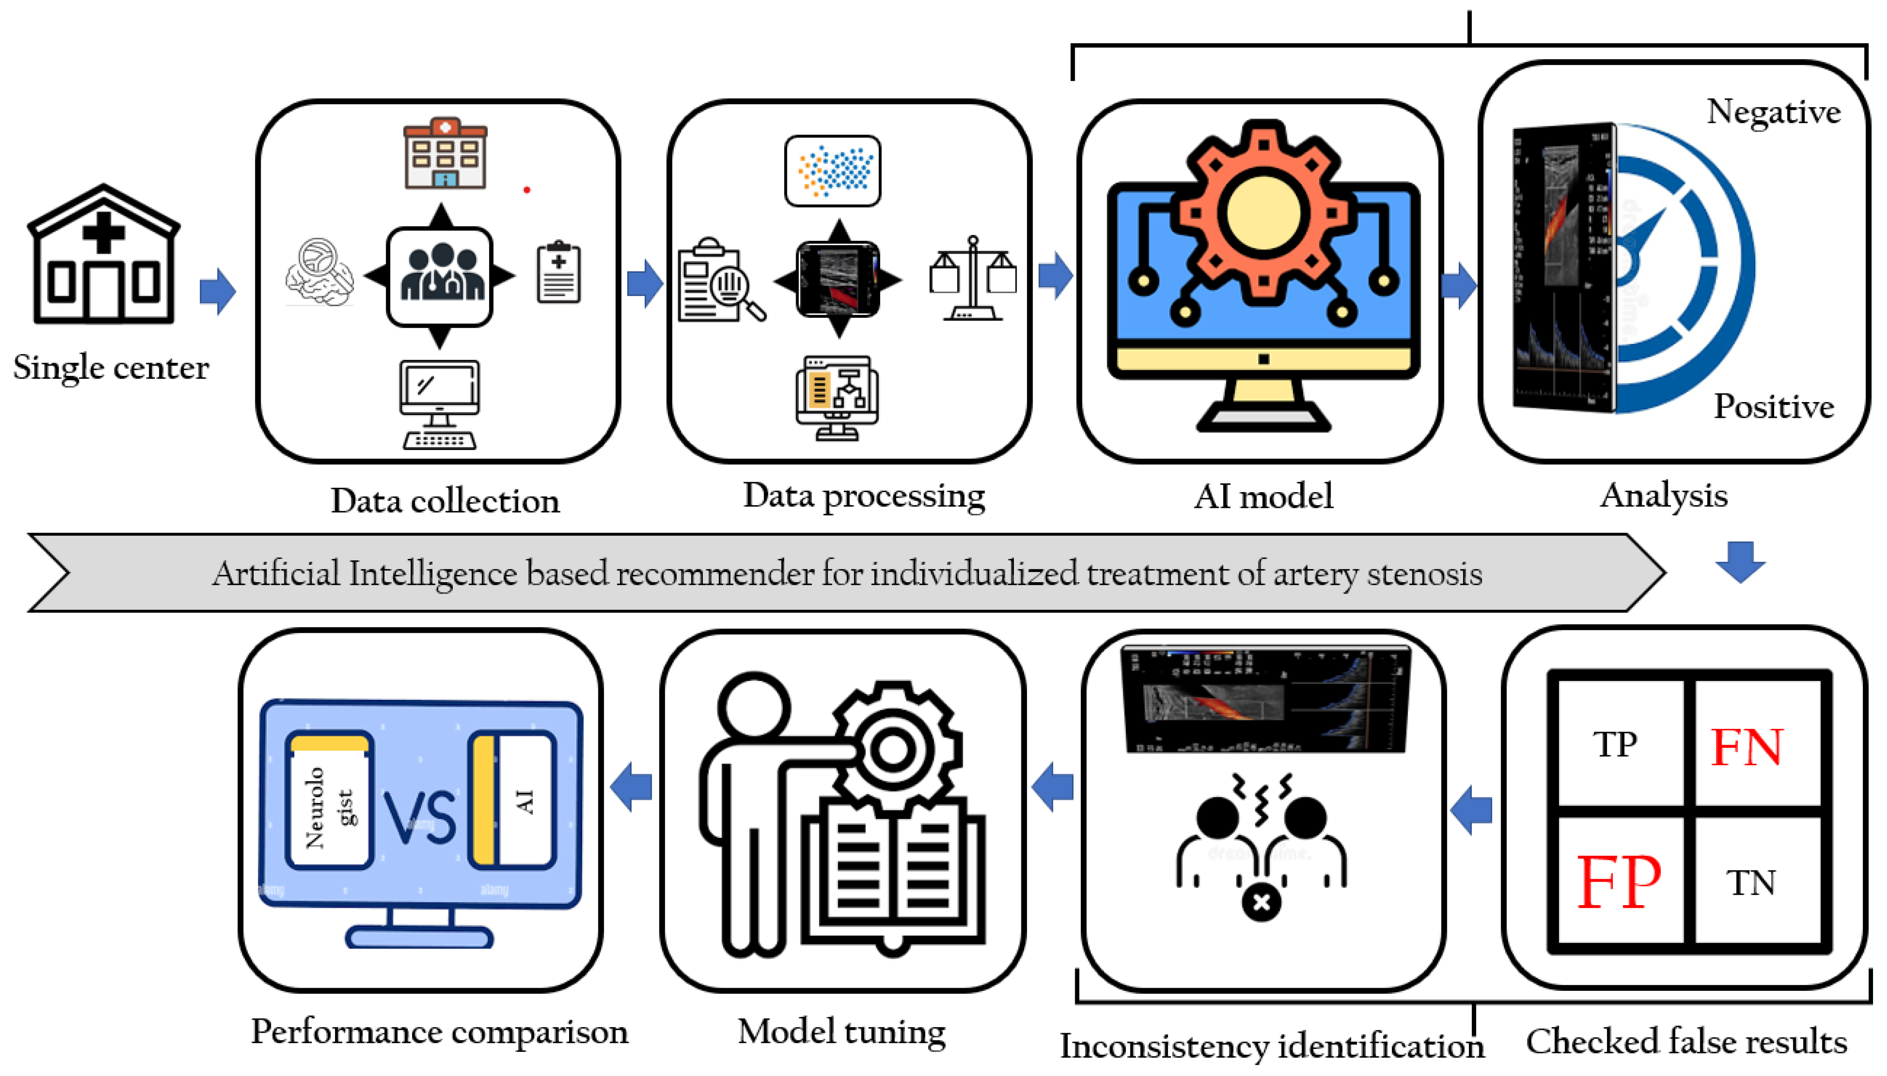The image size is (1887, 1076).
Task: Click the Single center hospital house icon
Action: point(104,255)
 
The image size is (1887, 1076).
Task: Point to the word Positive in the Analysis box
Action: point(1773,406)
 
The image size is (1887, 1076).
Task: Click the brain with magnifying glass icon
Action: point(319,272)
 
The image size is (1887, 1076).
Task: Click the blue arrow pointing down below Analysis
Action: point(1740,562)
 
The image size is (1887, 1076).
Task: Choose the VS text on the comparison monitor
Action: point(419,816)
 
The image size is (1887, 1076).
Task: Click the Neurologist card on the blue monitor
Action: point(329,802)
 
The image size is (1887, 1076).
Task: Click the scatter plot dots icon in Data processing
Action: point(832,171)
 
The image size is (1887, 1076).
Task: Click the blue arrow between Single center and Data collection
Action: point(217,291)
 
